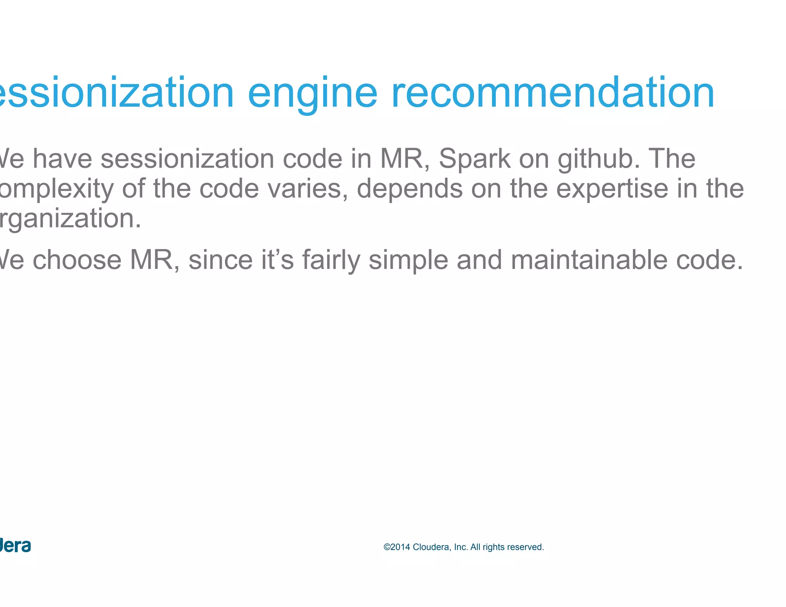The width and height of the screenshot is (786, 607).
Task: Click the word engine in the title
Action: (312, 93)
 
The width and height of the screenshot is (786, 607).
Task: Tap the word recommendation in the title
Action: (553, 93)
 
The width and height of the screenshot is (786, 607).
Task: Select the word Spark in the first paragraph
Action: (474, 158)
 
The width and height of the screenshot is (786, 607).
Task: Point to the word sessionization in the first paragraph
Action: (187, 158)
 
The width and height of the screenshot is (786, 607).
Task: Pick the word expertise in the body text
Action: (612, 188)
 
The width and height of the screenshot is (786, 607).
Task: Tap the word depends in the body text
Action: (410, 188)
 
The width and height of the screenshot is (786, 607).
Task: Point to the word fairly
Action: (331, 260)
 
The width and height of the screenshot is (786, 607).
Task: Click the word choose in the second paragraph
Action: (77, 260)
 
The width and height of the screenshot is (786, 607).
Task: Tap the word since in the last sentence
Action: (220, 260)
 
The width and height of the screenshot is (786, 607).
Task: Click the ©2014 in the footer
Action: (396, 547)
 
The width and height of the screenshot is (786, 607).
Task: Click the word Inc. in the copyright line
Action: (461, 547)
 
